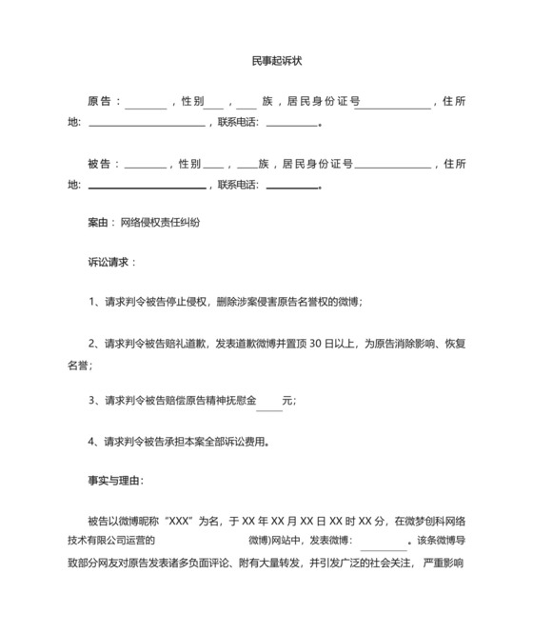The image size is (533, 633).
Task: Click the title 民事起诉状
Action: tap(266, 60)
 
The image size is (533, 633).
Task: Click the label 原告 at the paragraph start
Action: tap(100, 101)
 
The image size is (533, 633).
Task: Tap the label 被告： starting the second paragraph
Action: tap(103, 164)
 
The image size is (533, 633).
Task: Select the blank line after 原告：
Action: tap(145, 104)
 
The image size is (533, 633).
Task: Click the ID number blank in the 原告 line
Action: tap(392, 104)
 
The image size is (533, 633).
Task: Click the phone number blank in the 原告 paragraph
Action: tap(291, 124)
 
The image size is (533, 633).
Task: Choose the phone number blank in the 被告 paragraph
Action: tap(291, 187)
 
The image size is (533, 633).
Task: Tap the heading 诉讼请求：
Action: tap(111, 261)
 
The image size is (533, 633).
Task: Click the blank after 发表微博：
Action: tap(384, 543)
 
